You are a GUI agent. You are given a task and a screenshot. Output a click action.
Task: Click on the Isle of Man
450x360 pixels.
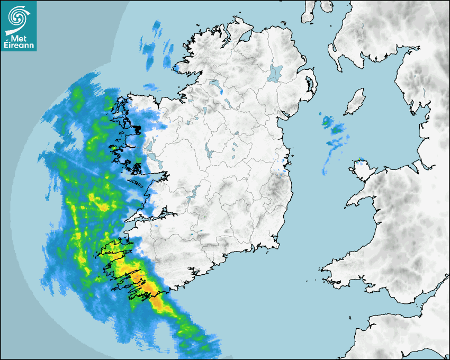point(355,102)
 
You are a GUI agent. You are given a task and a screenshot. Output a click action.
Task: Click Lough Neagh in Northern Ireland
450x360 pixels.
point(276,73)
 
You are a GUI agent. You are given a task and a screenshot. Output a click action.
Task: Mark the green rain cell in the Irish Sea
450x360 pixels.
point(336,129)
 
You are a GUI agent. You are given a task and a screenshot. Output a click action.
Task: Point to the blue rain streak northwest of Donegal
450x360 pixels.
point(157,30)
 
